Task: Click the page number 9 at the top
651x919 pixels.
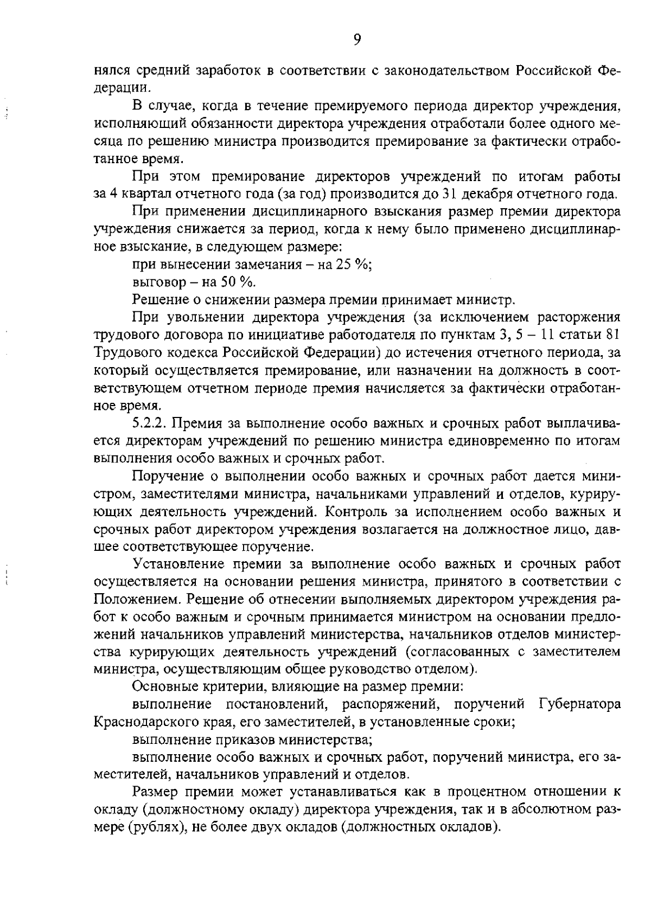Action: pyautogui.click(x=356, y=38)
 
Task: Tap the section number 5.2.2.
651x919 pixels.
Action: pyautogui.click(x=149, y=423)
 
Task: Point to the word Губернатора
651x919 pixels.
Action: pyautogui.click(x=580, y=704)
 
